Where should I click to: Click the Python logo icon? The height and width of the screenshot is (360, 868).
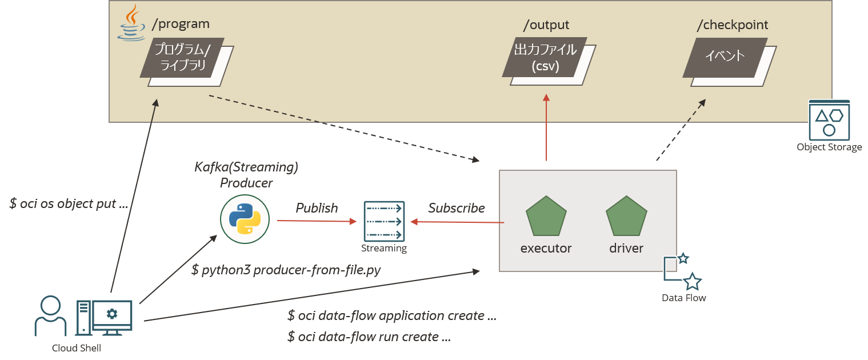point(245,219)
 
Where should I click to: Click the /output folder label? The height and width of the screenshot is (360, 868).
point(546,25)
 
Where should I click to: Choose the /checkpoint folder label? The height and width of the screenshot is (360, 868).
point(732,25)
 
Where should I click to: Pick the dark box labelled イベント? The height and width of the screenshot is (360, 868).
point(725,57)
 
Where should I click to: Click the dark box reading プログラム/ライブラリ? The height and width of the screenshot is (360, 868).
point(182,58)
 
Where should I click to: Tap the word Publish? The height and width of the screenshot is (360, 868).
point(317,208)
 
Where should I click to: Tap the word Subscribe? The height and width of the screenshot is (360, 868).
point(457,208)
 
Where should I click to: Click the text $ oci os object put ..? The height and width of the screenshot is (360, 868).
point(68,203)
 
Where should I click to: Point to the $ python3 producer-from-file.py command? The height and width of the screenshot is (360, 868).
point(286,270)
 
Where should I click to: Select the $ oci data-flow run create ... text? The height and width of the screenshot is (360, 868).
point(369,337)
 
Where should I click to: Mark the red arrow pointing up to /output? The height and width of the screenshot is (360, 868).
point(546,129)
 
